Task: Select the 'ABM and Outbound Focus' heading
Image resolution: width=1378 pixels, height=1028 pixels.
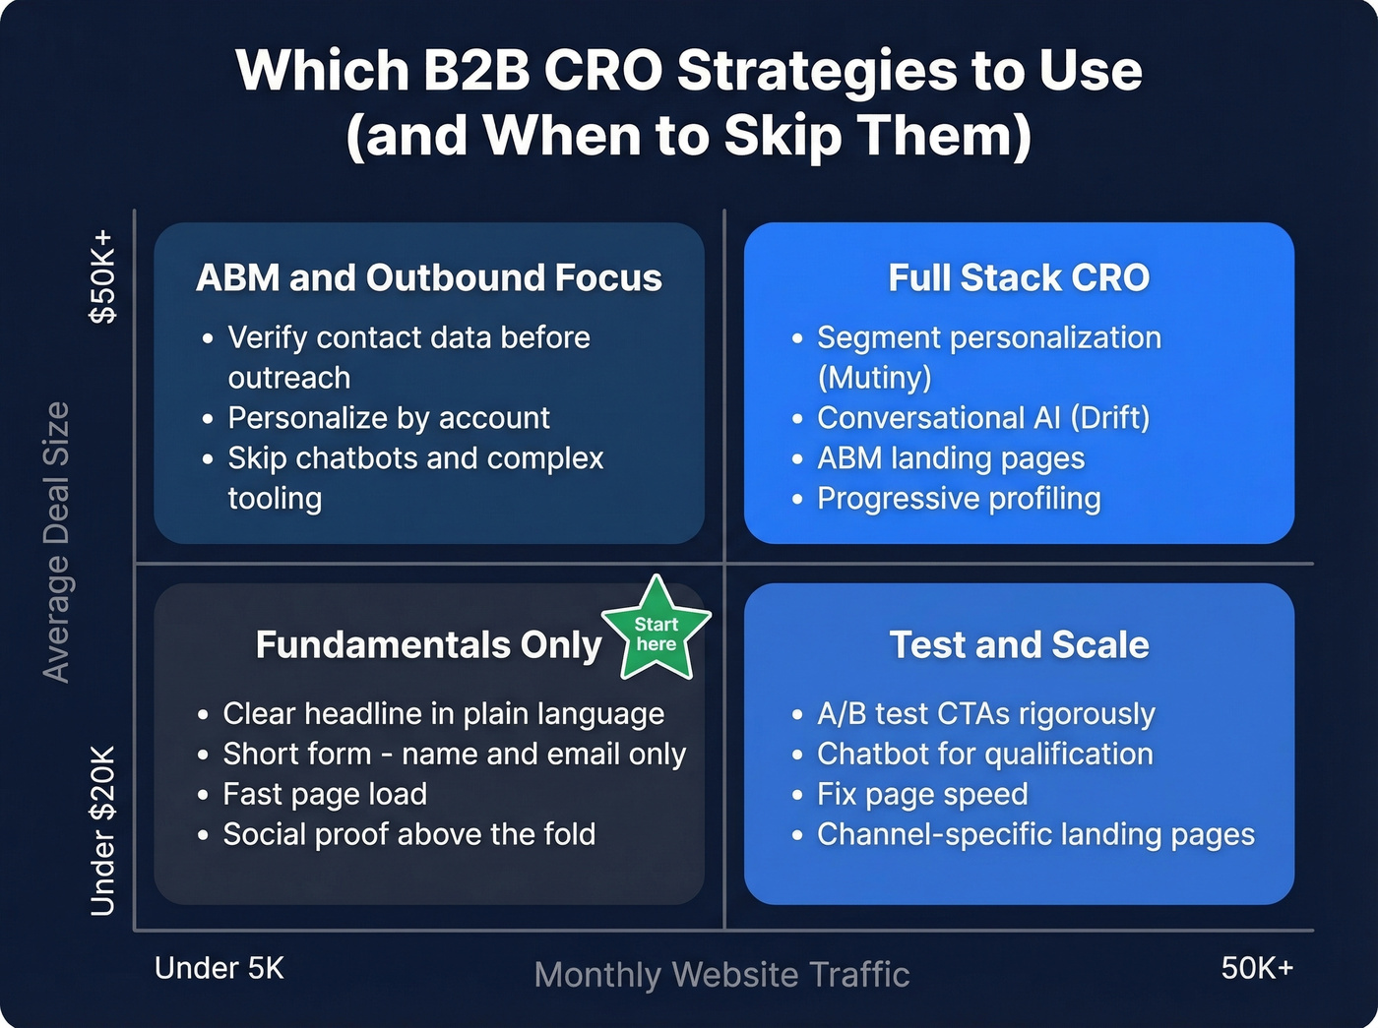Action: pos(428,277)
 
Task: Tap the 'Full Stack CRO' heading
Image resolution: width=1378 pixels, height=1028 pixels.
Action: pos(1019,277)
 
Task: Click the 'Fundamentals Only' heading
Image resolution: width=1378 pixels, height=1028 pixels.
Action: pos(428,645)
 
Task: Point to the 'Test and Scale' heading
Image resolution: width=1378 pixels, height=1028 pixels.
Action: pos(1019,645)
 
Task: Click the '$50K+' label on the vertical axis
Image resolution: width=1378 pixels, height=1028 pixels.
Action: pos(102,277)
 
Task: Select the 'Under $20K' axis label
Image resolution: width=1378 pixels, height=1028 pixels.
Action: pos(102,830)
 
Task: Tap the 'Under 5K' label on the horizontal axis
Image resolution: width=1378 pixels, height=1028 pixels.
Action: pos(219,968)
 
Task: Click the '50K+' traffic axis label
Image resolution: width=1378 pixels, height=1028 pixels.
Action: pos(1257,968)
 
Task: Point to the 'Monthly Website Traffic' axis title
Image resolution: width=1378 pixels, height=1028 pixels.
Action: pos(721,975)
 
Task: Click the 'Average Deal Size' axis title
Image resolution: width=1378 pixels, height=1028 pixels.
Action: pos(56,541)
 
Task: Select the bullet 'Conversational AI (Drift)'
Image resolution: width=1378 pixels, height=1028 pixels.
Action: pos(983,418)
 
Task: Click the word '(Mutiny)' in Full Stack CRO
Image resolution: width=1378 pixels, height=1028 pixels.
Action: pos(874,378)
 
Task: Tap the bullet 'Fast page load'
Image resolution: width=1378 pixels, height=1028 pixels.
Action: pos(325,794)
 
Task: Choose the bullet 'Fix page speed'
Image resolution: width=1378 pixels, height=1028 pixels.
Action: pos(922,794)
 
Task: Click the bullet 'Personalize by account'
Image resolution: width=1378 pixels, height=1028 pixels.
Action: pos(389,418)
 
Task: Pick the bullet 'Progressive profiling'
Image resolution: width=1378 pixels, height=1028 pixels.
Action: pos(959,499)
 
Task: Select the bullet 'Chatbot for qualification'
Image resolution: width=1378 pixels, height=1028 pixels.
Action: pos(984,754)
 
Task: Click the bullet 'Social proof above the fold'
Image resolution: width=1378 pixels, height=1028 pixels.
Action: pos(408,834)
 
